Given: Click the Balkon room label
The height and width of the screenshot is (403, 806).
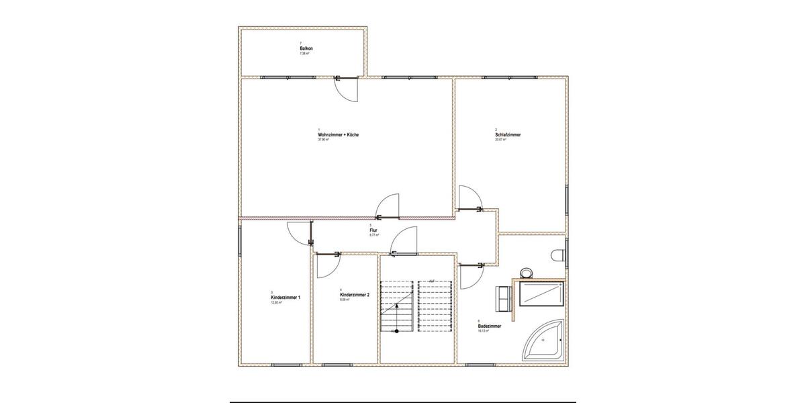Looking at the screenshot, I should click(306, 49).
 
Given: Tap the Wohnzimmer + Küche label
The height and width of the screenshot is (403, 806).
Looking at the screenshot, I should click(338, 135).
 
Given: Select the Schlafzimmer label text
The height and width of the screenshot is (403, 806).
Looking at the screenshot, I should click(508, 135).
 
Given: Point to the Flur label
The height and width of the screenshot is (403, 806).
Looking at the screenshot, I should click(373, 230).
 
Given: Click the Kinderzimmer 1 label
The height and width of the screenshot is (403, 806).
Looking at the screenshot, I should click(285, 297).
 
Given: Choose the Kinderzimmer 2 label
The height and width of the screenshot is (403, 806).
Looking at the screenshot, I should click(355, 295).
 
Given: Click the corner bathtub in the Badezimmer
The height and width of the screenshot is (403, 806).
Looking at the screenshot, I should click(545, 343).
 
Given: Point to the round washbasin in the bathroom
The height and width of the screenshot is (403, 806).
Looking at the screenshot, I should click(526, 273).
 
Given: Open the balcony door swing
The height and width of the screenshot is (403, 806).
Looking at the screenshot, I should click(348, 89).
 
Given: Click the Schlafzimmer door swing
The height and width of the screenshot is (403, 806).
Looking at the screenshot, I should click(469, 198).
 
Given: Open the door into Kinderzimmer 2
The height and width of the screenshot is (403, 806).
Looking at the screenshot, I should click(326, 267).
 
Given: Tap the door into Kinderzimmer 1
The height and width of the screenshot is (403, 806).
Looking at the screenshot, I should click(298, 233).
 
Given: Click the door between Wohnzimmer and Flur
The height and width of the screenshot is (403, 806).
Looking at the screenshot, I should click(389, 205).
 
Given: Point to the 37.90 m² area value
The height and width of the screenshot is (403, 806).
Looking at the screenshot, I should click(323, 140).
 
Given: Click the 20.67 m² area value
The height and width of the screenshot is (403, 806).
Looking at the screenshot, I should click(500, 140).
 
